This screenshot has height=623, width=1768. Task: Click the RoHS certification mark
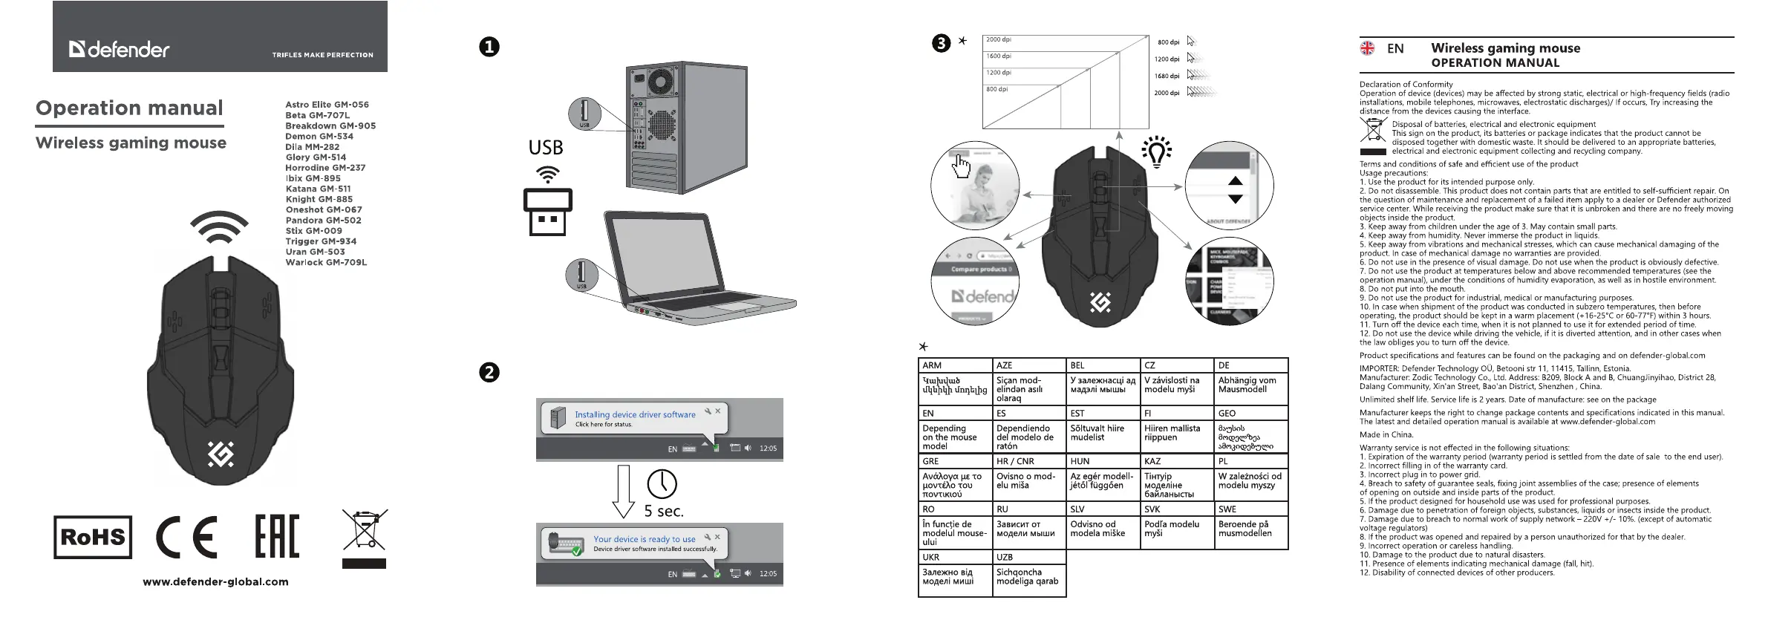click(x=93, y=537)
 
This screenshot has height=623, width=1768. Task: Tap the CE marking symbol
click(x=186, y=537)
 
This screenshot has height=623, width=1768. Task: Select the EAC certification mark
click(x=277, y=537)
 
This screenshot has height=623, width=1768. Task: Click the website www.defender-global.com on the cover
click(x=215, y=582)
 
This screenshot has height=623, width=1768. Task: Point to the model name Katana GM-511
click(x=318, y=189)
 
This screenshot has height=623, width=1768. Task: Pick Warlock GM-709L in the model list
click(x=326, y=262)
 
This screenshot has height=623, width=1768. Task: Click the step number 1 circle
click(x=489, y=47)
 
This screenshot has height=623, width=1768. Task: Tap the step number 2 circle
click(x=489, y=372)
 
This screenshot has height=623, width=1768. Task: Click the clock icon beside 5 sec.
click(x=662, y=484)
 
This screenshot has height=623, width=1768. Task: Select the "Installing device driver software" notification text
click(x=635, y=414)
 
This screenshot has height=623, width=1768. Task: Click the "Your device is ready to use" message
click(x=644, y=539)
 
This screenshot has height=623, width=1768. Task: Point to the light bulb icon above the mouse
click(x=1156, y=152)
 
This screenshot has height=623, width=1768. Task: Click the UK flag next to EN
click(x=1367, y=48)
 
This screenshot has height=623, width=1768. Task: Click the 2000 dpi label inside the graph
click(x=998, y=40)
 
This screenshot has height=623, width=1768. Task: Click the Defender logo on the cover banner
click(x=120, y=50)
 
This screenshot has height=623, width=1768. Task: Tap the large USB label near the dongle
click(x=545, y=147)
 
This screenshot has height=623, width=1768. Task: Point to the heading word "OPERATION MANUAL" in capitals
click(x=1495, y=63)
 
